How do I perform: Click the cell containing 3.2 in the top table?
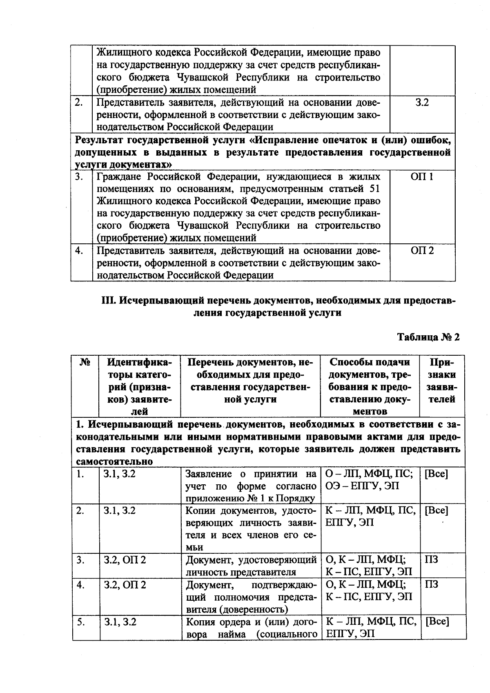click(422, 103)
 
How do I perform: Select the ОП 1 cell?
click(422, 176)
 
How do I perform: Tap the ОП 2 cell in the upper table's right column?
click(422, 250)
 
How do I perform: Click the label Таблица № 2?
click(428, 337)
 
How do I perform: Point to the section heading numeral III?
click(108, 301)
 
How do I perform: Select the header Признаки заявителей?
click(442, 381)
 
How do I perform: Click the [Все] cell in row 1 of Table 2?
click(437, 474)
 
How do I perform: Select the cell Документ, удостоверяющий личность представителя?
click(251, 566)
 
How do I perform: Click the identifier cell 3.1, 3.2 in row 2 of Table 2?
click(120, 510)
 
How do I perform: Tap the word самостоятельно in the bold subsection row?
click(115, 461)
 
